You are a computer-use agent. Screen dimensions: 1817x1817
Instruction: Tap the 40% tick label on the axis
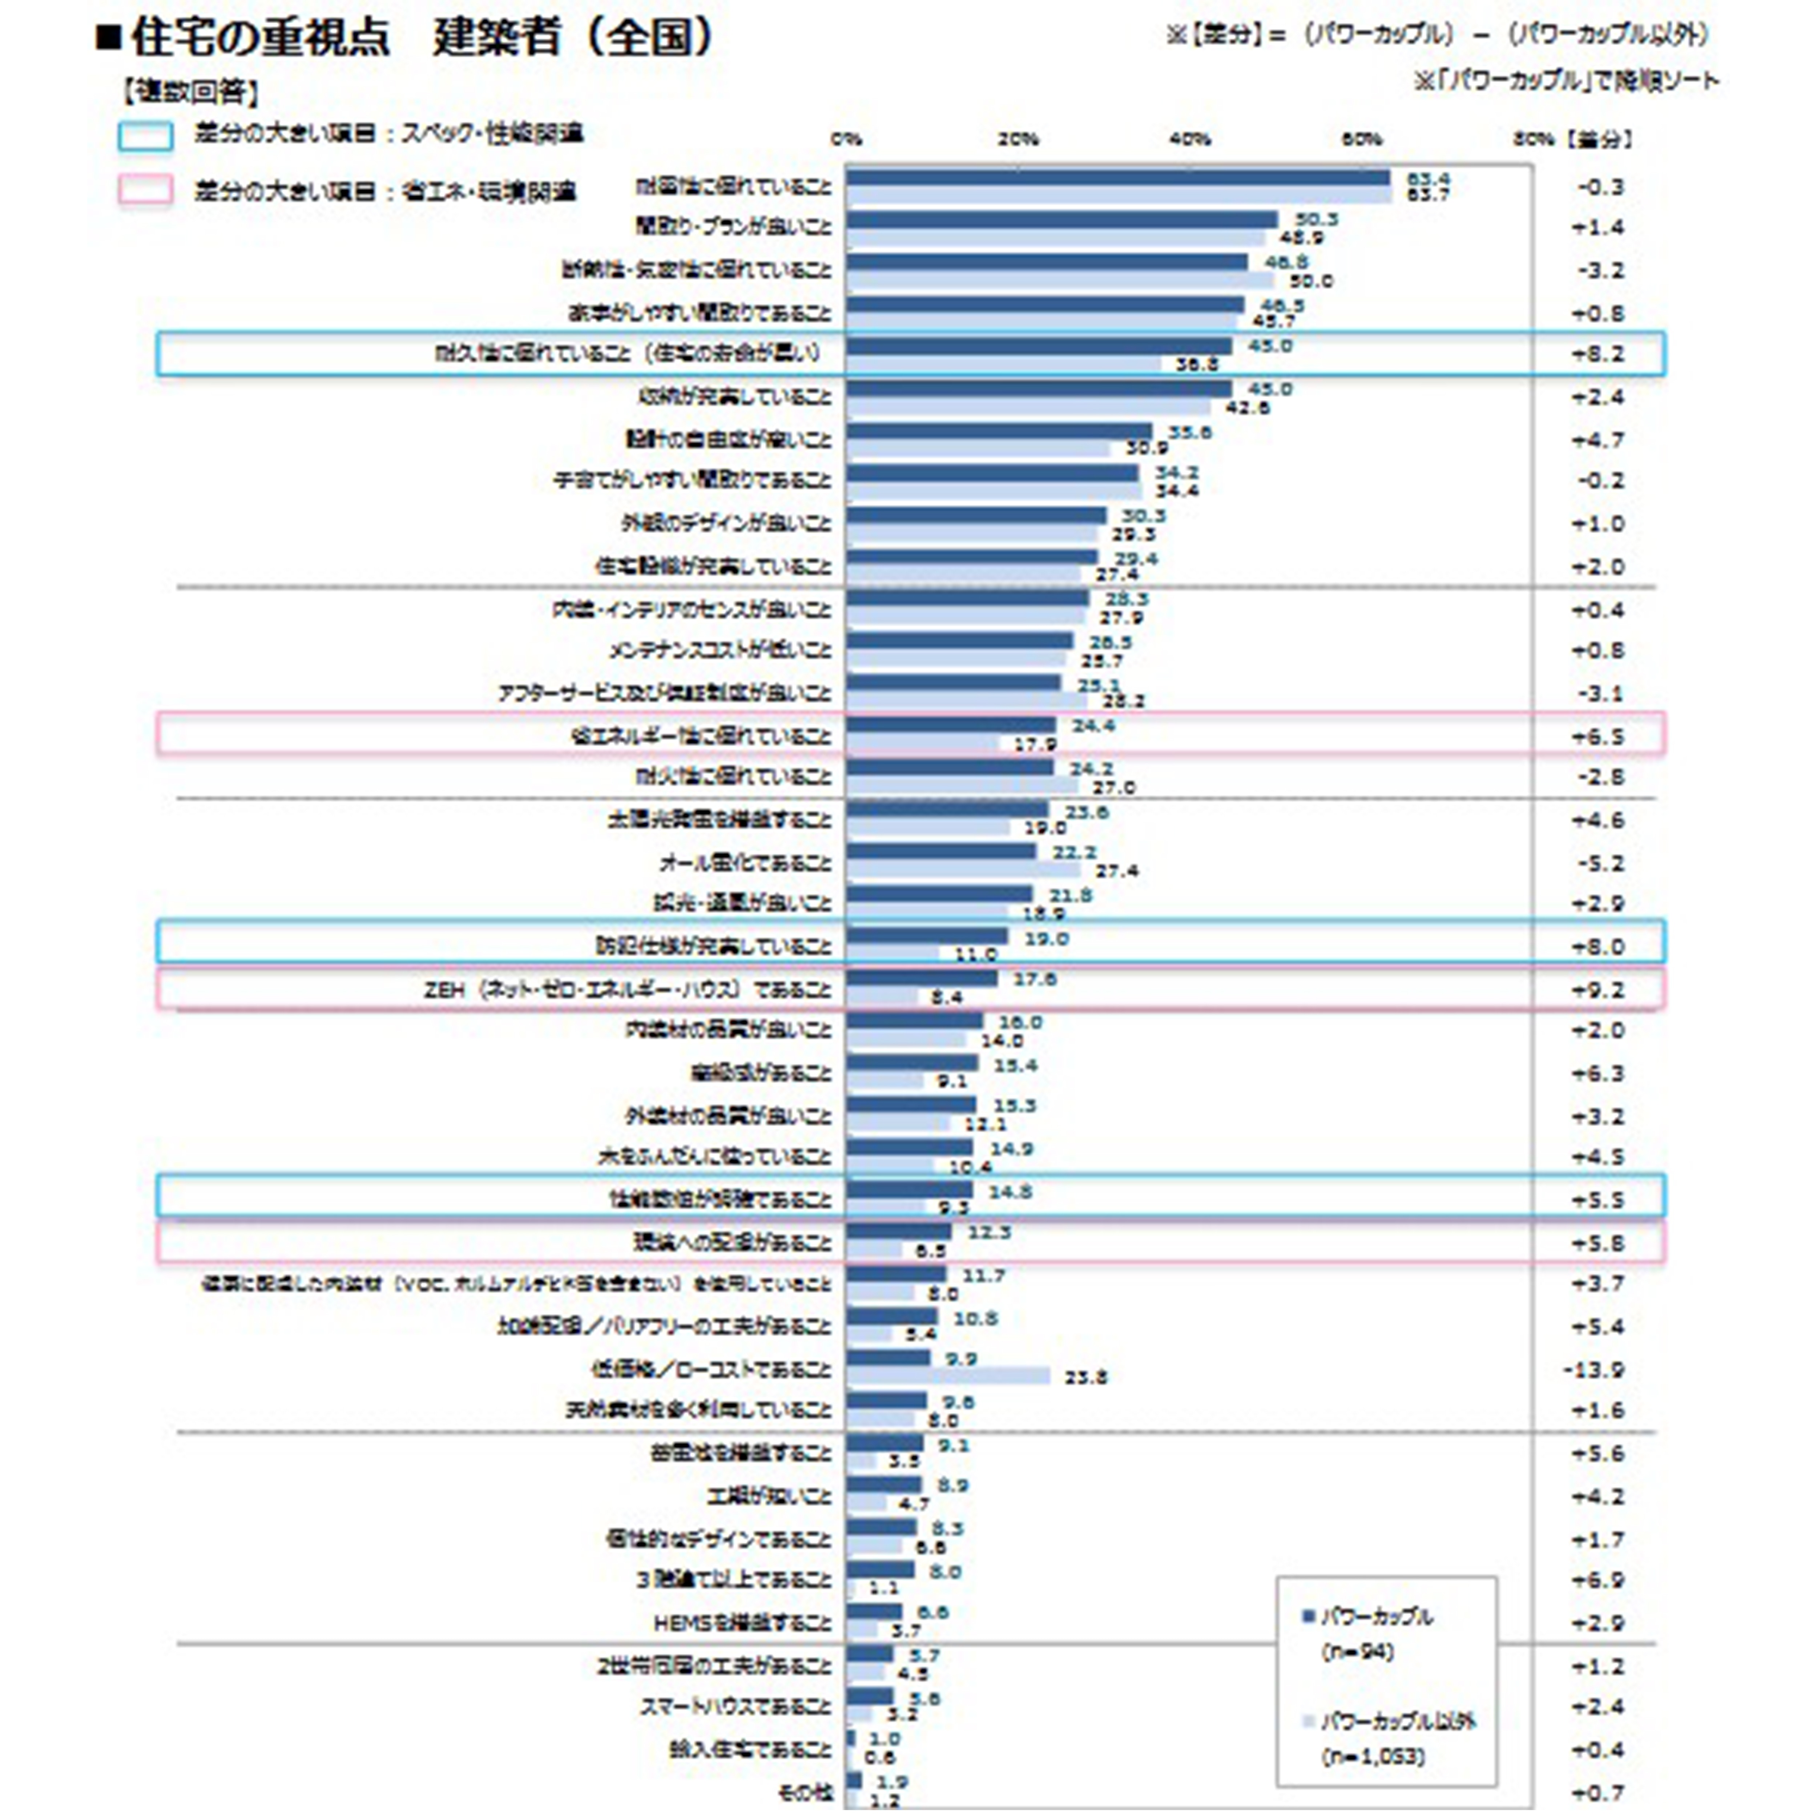click(x=1190, y=139)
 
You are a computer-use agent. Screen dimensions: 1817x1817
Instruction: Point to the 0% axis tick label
click(x=846, y=139)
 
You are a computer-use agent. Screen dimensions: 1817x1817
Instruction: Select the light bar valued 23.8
click(x=948, y=1376)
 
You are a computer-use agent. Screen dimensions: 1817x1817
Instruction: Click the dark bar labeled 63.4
click(x=1117, y=178)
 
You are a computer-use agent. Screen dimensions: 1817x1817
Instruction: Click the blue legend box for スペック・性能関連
click(x=146, y=136)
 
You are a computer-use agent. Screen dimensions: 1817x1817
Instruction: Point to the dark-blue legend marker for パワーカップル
click(x=1307, y=1617)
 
